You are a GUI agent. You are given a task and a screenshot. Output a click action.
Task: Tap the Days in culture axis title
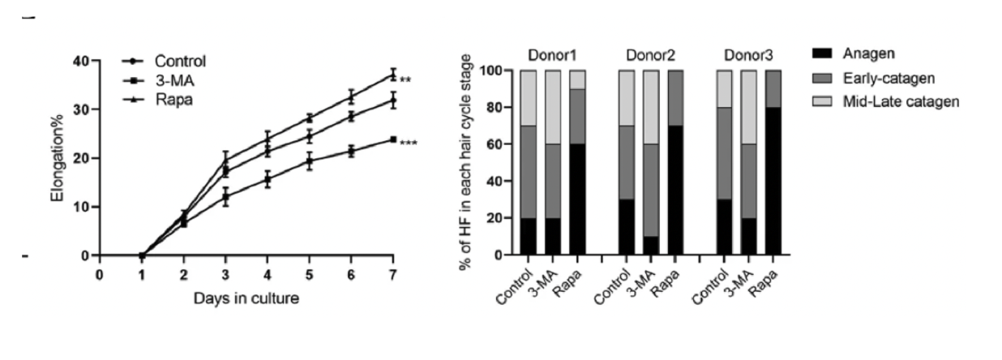[246, 298]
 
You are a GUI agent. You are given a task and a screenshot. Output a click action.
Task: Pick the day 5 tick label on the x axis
[308, 275]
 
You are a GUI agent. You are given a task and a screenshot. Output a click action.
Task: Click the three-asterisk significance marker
[409, 144]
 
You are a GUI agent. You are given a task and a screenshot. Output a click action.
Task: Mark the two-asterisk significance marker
[405, 80]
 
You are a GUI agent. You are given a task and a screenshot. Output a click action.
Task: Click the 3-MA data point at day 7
[393, 139]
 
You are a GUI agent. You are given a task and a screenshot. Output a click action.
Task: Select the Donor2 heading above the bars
[651, 55]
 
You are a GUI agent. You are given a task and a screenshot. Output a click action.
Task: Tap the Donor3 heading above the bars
[748, 55]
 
